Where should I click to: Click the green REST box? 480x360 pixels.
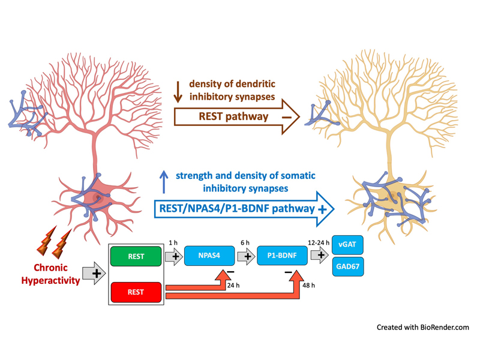(x=136, y=256)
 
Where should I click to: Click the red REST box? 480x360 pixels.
(x=136, y=292)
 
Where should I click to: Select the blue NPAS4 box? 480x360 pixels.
(x=208, y=256)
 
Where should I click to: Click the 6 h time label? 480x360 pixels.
(x=245, y=242)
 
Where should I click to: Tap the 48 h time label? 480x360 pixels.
(x=309, y=285)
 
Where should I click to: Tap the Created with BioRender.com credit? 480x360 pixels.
(x=422, y=327)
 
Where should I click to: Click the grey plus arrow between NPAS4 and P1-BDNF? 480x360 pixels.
(x=245, y=256)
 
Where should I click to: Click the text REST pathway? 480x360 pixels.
(x=229, y=116)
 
